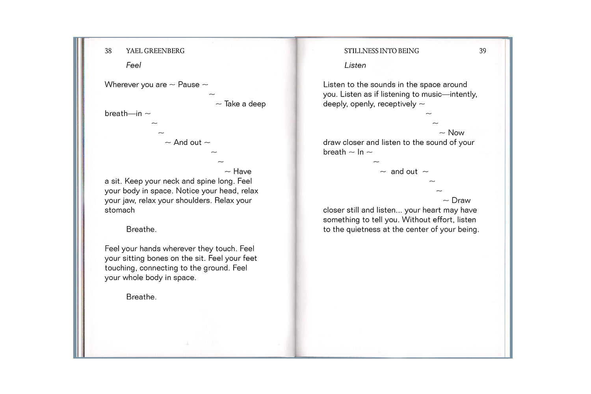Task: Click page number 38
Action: click(108, 51)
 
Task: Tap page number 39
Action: click(483, 51)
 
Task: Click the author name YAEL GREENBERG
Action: click(155, 51)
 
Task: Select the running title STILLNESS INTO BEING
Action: click(381, 51)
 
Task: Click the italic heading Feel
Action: click(133, 65)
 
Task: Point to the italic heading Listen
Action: click(355, 65)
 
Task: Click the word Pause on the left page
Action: click(189, 85)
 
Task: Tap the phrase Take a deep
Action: click(245, 104)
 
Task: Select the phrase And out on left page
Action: click(188, 143)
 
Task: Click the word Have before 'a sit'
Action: click(242, 171)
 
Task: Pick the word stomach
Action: click(120, 210)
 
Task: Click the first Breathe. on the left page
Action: click(141, 229)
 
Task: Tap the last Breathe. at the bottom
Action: click(141, 297)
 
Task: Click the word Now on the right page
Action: click(456, 133)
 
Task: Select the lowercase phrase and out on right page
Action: click(404, 171)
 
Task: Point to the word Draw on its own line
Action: click(461, 201)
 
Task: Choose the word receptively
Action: click(397, 104)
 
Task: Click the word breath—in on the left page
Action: click(123, 113)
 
